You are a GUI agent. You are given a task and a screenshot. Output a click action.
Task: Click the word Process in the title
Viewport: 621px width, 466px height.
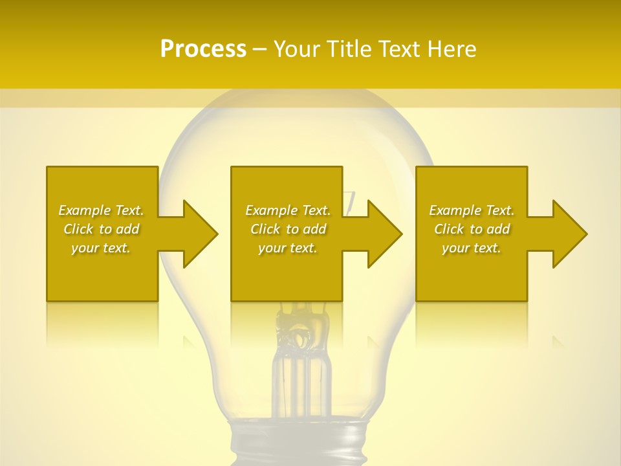coord(203,49)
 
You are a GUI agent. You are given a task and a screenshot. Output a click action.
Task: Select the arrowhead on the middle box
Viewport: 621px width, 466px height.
coord(384,234)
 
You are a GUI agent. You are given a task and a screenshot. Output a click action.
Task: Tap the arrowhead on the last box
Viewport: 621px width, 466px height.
coord(569,234)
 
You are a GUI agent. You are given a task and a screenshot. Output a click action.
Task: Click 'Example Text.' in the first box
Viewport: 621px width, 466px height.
coord(101,210)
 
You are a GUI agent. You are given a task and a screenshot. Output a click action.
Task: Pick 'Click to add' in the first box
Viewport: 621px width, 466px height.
coord(101,229)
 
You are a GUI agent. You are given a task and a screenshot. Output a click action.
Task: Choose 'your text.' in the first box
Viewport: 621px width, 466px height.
coord(101,248)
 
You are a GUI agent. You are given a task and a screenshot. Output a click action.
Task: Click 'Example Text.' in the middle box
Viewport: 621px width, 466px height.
coord(288,210)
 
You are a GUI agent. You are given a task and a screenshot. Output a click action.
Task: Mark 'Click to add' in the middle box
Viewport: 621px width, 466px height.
coord(288,229)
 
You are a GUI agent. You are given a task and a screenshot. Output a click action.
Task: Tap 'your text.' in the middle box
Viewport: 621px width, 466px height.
coord(288,248)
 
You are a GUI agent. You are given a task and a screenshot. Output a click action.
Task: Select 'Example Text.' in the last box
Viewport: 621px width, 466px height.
coord(472,210)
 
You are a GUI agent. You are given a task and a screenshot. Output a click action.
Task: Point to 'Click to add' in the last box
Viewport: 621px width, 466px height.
coord(472,229)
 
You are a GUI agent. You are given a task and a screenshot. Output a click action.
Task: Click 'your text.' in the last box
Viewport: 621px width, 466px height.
coord(472,248)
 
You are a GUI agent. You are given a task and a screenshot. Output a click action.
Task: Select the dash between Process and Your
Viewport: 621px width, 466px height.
coord(259,50)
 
